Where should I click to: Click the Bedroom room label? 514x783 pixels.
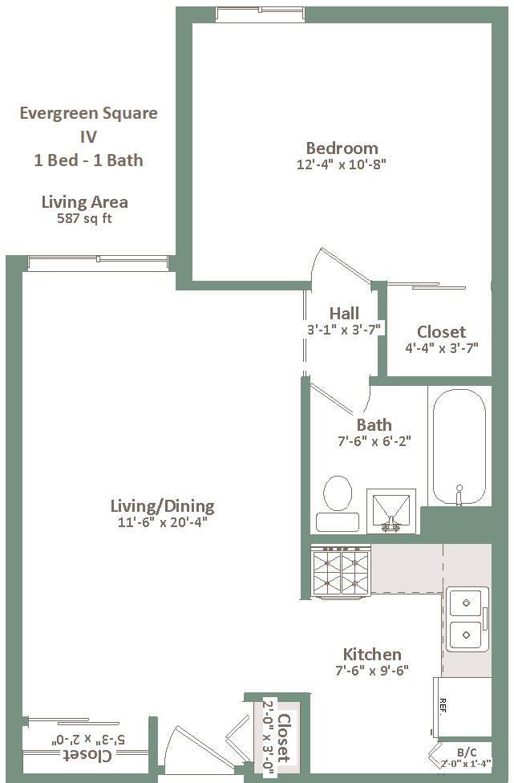click(x=342, y=148)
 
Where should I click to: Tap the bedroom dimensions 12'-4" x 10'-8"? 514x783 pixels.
click(x=342, y=164)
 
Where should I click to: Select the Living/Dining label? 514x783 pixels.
click(x=163, y=506)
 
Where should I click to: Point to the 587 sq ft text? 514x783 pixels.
click(x=84, y=218)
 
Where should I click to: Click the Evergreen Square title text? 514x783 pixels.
click(x=88, y=113)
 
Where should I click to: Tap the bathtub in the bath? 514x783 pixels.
click(x=459, y=447)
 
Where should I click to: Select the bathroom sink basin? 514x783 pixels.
click(x=391, y=511)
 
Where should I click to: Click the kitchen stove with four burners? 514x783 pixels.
click(x=341, y=571)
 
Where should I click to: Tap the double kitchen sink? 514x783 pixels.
click(x=467, y=619)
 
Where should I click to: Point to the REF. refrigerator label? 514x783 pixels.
click(x=443, y=706)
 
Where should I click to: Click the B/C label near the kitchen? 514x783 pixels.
click(x=467, y=753)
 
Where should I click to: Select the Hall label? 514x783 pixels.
click(x=344, y=313)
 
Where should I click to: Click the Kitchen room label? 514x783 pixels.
click(x=372, y=654)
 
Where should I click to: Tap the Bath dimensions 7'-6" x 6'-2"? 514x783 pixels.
click(x=374, y=441)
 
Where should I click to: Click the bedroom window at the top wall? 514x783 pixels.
click(x=260, y=14)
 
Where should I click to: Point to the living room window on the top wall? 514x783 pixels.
click(x=98, y=263)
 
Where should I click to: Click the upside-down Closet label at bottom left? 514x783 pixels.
click(x=88, y=755)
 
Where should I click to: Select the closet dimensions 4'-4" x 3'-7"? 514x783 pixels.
click(x=442, y=348)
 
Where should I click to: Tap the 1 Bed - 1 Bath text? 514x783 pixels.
click(x=88, y=160)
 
